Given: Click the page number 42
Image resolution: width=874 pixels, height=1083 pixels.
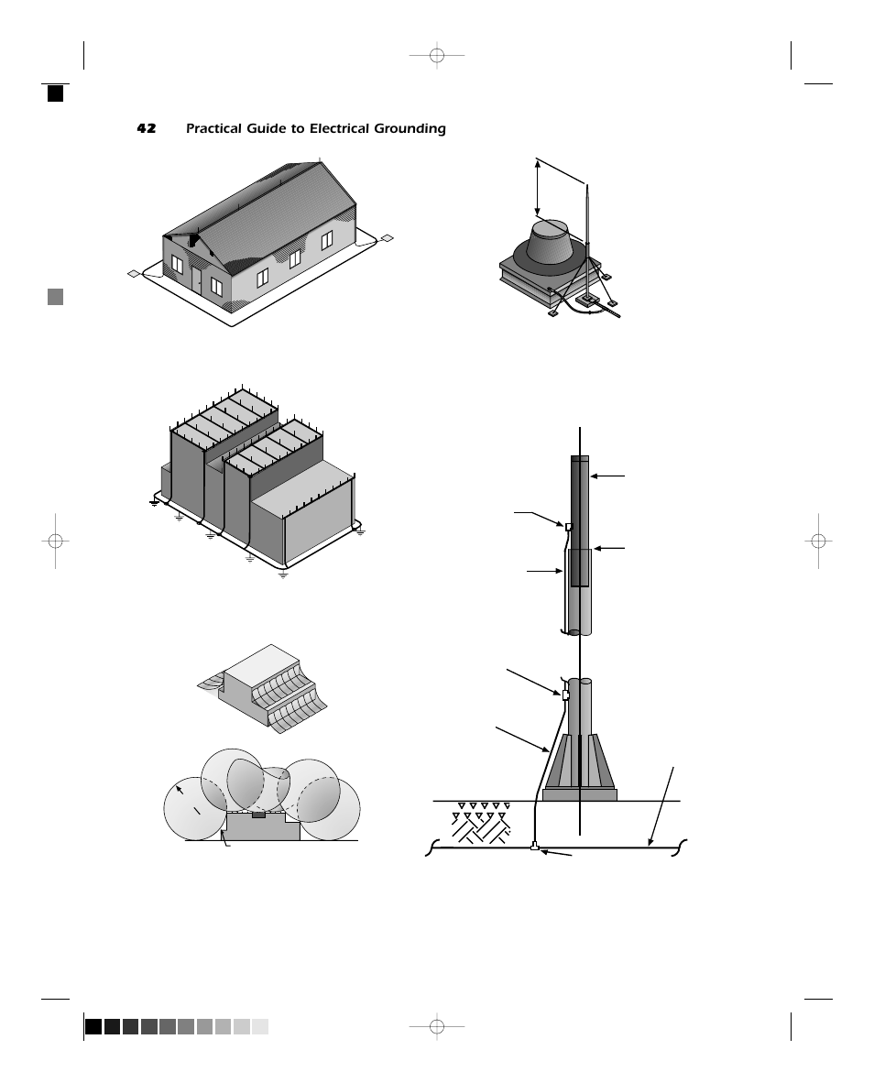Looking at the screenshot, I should pyautogui.click(x=147, y=129).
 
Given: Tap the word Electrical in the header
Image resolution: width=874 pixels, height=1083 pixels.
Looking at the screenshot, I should pyautogui.click(x=341, y=129).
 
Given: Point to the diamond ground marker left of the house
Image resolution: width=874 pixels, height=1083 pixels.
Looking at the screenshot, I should pyautogui.click(x=134, y=273).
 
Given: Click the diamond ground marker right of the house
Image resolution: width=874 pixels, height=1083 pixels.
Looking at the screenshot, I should pyautogui.click(x=387, y=238).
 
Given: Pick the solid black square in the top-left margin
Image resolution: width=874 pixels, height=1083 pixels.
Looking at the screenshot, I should pyautogui.click(x=56, y=93).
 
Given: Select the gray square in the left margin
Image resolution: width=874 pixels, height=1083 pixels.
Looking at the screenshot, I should pyautogui.click(x=56, y=296).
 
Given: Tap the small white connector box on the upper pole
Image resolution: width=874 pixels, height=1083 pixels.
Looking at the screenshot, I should pyautogui.click(x=569, y=527).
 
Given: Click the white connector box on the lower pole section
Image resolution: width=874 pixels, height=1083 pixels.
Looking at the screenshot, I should pyautogui.click(x=565, y=695).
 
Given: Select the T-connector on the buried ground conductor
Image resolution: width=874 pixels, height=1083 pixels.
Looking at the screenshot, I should pyautogui.click(x=534, y=848).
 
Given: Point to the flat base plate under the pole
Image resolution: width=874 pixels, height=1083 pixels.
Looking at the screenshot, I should pyautogui.click(x=579, y=794).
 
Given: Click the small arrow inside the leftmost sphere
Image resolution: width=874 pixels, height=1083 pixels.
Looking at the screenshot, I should pyautogui.click(x=180, y=790).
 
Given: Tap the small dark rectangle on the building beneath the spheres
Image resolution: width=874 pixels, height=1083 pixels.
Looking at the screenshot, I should pyautogui.click(x=258, y=814).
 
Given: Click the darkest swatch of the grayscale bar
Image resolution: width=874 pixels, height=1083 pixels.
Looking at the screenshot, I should pyautogui.click(x=93, y=1026).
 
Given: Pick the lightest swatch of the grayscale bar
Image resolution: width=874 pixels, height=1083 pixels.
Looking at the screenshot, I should pyautogui.click(x=260, y=1026).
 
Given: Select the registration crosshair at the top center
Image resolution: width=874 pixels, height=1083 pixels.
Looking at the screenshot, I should pyautogui.click(x=437, y=57).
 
